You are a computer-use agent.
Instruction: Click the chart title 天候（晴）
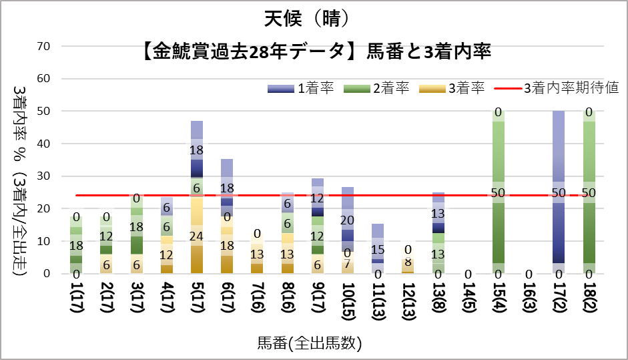(314, 18)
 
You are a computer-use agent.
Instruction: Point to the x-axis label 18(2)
(589, 300)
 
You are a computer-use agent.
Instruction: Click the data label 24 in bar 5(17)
(197, 236)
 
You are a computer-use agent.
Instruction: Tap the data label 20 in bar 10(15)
(348, 220)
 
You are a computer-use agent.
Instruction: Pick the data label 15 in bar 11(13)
(378, 250)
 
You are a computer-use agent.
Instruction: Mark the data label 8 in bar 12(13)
(408, 262)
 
